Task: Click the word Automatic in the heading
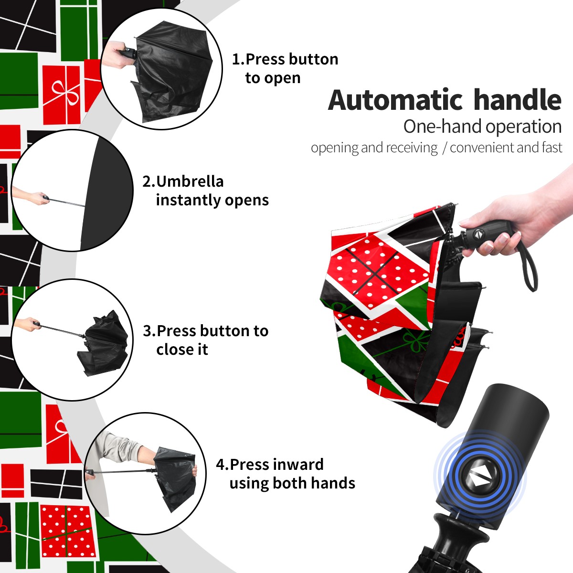pyautogui.click(x=395, y=100)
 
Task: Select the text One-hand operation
pyautogui.click(x=482, y=127)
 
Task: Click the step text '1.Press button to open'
pyautogui.click(x=285, y=68)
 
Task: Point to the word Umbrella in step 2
pyautogui.click(x=190, y=181)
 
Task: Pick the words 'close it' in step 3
pyautogui.click(x=182, y=349)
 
